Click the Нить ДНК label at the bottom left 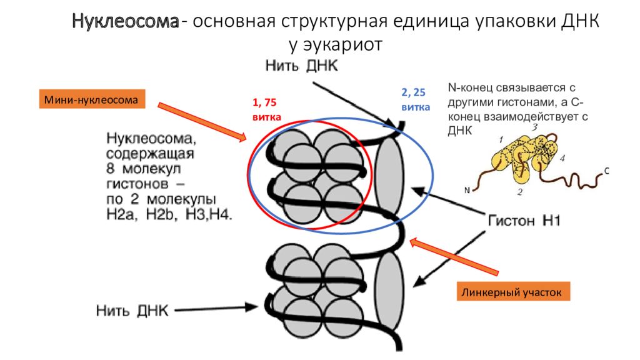(132, 310)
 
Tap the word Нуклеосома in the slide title (124, 23)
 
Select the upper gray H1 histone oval (389, 177)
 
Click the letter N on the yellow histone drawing (467, 190)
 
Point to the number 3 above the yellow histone (535, 128)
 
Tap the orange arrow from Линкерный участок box (455, 257)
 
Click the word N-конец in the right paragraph (471, 87)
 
